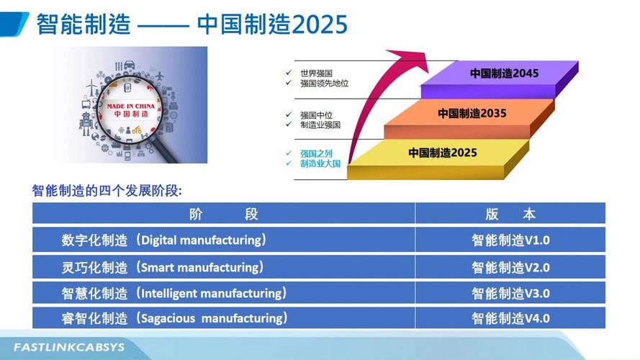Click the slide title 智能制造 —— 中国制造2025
191,24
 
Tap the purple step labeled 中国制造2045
504,73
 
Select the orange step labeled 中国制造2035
472,114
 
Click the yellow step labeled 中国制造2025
442,153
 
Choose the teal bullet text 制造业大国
320,164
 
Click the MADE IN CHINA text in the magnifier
127,105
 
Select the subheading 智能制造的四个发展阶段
107,192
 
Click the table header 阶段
223,214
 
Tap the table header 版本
510,214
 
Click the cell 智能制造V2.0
510,267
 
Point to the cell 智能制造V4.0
510,318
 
